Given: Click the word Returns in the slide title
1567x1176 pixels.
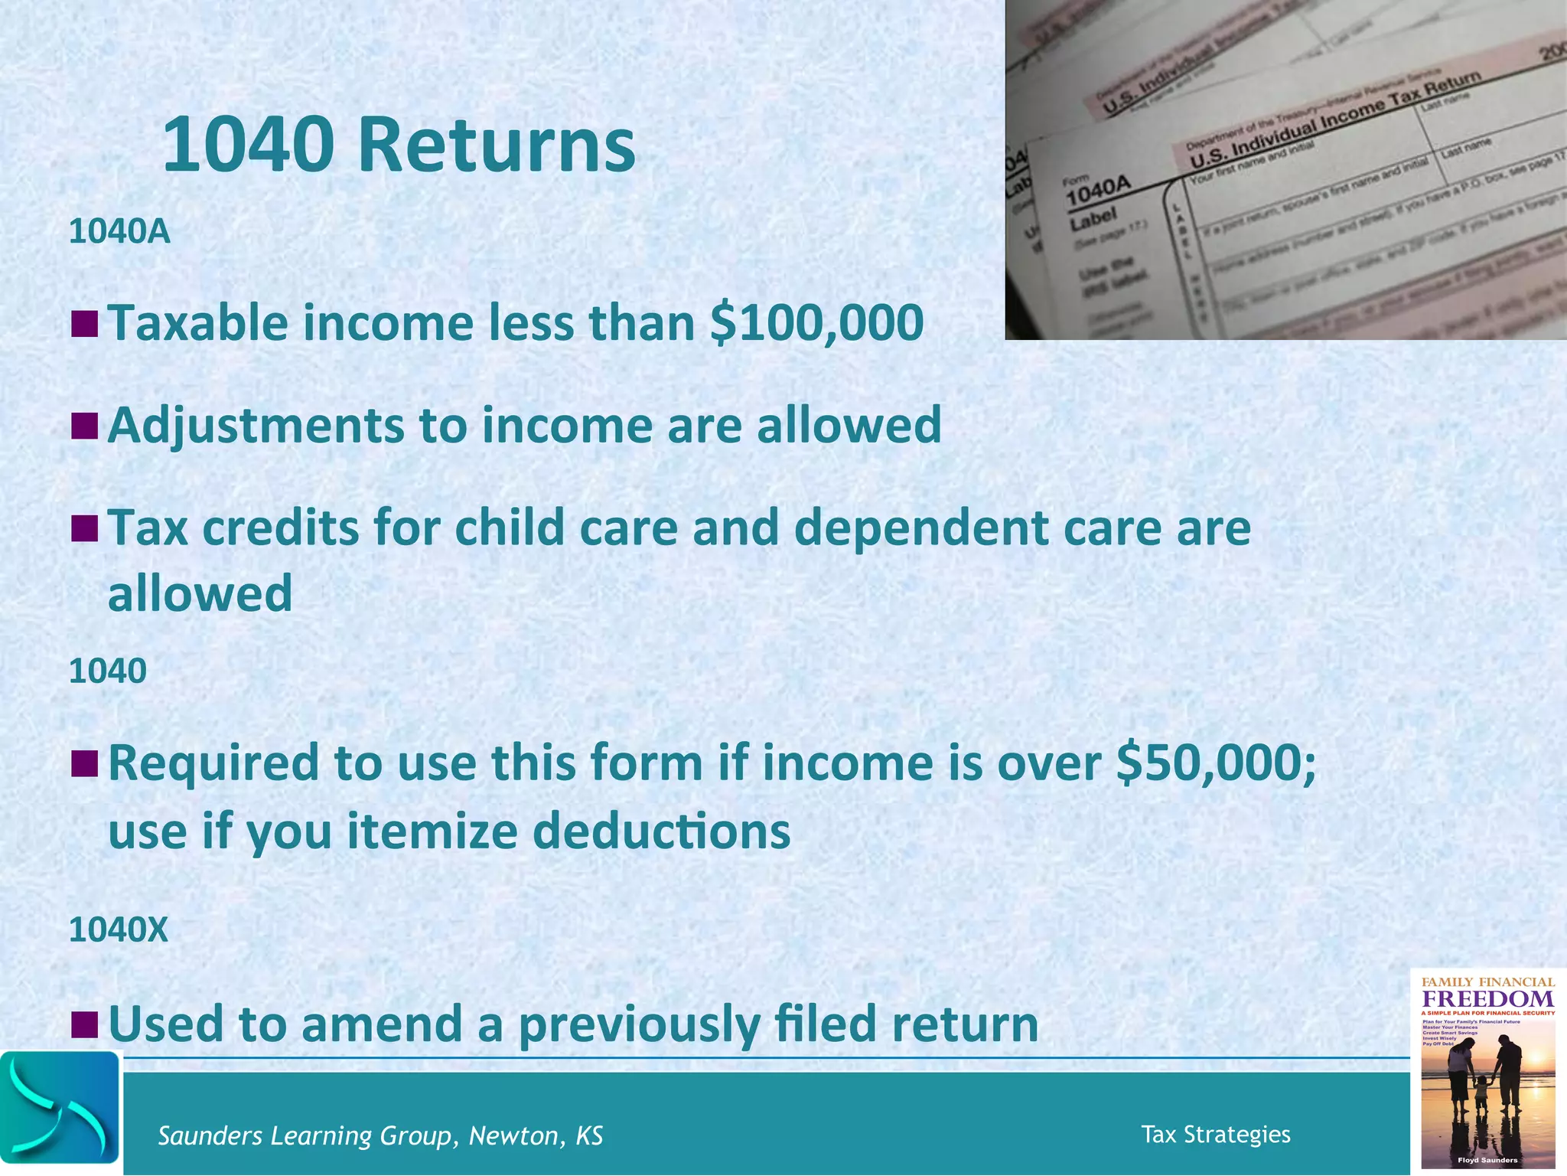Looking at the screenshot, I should pos(496,145).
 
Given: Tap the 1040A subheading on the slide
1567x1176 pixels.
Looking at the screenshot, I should pos(119,231).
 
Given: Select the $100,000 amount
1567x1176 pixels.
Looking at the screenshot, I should pos(816,322).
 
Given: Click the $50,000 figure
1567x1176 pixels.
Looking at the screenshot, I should pos(1217,763).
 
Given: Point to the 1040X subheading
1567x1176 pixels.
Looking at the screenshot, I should pos(118,929).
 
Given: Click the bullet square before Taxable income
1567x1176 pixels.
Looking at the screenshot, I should pos(84,323).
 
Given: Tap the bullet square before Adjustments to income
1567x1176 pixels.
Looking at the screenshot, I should pos(84,426).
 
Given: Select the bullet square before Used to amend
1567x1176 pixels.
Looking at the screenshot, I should pos(84,1024).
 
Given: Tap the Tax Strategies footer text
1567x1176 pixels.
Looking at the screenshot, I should pos(1215,1134).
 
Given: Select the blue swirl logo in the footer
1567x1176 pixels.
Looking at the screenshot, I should pos(60,1108).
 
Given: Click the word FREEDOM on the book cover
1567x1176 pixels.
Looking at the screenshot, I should pos(1487,999).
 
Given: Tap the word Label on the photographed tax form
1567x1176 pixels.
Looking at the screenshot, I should pos(1093,220).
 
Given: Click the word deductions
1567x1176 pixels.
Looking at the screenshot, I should pos(661,831).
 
